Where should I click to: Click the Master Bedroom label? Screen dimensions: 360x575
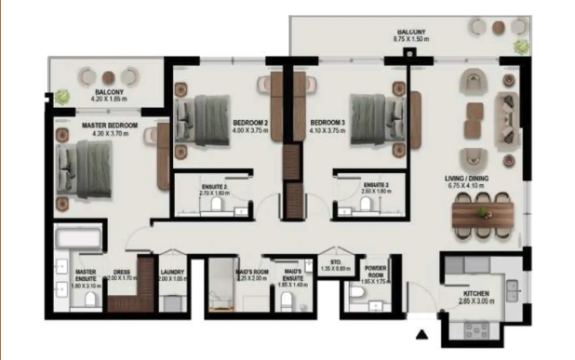(x=109, y=125)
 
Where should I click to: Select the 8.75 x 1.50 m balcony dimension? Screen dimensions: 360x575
(x=410, y=40)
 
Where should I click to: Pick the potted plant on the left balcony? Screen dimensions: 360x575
(x=62, y=95)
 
